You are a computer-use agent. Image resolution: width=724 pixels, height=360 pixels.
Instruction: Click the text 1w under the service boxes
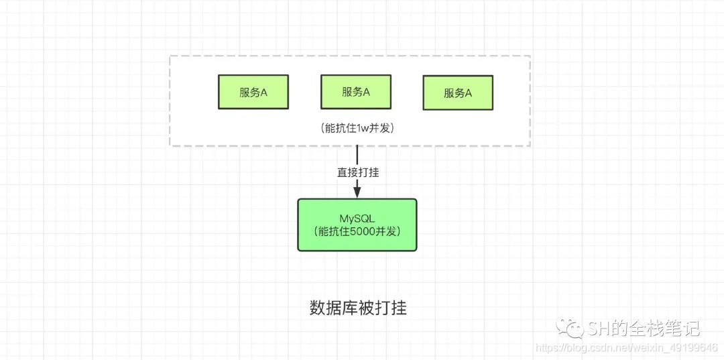361,127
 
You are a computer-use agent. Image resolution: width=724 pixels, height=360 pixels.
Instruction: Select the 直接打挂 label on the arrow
358,172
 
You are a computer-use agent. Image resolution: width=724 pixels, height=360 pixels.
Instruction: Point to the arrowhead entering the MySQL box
357,192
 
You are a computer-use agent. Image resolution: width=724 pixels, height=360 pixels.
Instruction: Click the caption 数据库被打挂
358,308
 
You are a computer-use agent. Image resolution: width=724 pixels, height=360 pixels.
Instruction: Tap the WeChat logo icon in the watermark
574,328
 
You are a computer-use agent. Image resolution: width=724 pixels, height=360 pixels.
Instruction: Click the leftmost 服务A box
253,93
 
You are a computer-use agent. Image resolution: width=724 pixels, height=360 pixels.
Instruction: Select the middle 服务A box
355,92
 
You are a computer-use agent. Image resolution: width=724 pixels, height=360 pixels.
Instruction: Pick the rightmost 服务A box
458,93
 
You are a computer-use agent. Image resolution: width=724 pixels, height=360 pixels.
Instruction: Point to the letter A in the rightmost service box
468,93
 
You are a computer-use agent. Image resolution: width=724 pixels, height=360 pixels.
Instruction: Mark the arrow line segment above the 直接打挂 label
357,155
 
